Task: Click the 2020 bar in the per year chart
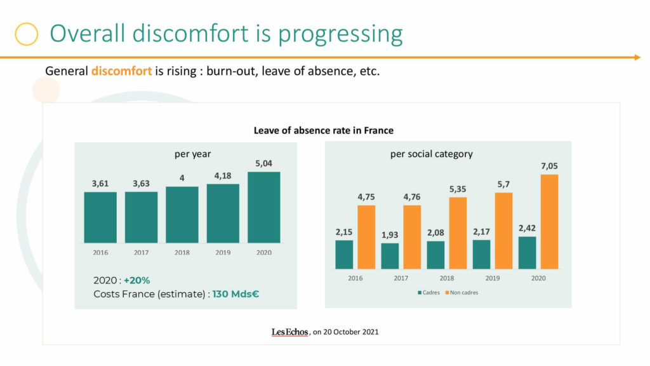pyautogui.click(x=263, y=207)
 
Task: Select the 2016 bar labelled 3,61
pyautogui.click(x=100, y=217)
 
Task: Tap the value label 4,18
pyautogui.click(x=223, y=176)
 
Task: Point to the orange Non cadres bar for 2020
pyautogui.click(x=549, y=222)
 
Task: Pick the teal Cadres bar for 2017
pyautogui.click(x=390, y=256)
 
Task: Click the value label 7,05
pyautogui.click(x=549, y=166)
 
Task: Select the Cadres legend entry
pyautogui.click(x=428, y=292)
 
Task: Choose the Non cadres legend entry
pyautogui.click(x=461, y=292)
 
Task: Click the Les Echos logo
pyautogui.click(x=289, y=332)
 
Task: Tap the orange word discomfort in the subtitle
pyautogui.click(x=121, y=71)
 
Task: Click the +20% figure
pyautogui.click(x=137, y=280)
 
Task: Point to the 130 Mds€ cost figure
pyautogui.click(x=236, y=294)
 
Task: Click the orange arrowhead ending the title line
pyautogui.click(x=637, y=57)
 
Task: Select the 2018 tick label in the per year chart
pyautogui.click(x=182, y=252)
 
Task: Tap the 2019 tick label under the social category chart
pyautogui.click(x=493, y=278)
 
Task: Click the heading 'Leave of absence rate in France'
pyautogui.click(x=323, y=130)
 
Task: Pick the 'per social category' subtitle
pyautogui.click(x=431, y=154)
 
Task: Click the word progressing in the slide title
pyautogui.click(x=340, y=34)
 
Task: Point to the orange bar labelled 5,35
pyautogui.click(x=458, y=233)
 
